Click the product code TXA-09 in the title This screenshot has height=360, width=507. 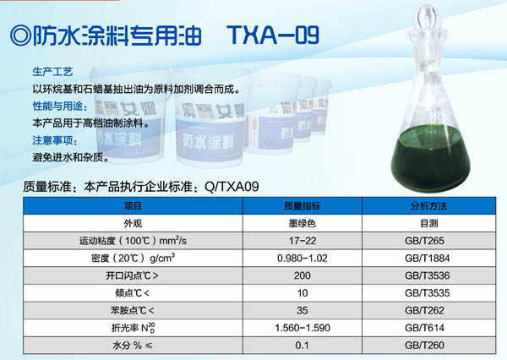(273, 35)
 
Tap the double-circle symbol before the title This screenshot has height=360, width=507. (20, 35)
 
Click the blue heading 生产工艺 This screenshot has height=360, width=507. (52, 72)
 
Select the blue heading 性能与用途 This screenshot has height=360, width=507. (60, 106)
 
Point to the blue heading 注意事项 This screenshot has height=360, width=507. (55, 140)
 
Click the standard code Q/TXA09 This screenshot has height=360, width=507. (232, 187)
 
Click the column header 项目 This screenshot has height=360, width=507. (133, 206)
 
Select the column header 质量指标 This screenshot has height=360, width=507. (302, 206)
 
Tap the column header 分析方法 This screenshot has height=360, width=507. (428, 206)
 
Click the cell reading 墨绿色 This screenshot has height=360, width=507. (302, 223)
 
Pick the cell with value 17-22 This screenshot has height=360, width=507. (303, 241)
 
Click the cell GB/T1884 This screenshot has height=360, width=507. (427, 259)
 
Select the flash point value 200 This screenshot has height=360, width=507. (303, 275)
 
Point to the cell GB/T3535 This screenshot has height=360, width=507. (427, 293)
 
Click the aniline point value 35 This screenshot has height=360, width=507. (303, 311)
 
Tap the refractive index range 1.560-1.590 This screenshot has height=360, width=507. (303, 328)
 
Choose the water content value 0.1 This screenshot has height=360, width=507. (302, 346)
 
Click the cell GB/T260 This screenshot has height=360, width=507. (424, 346)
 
